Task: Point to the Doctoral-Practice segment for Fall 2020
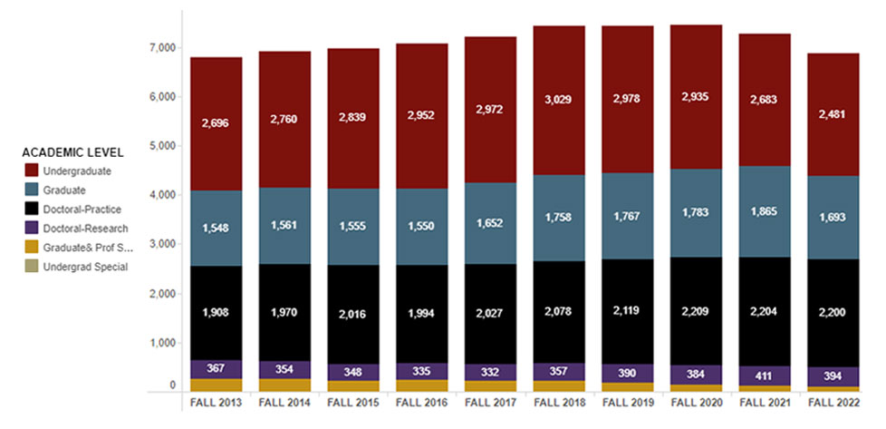(697, 311)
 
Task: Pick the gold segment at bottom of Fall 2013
(217, 385)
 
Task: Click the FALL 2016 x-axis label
(421, 401)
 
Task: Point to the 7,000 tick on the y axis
(164, 47)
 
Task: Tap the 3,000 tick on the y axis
(164, 245)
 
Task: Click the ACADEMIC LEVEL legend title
(72, 151)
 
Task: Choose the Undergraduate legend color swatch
(31, 171)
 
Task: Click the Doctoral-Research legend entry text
(85, 229)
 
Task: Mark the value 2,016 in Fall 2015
(353, 314)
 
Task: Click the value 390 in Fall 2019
(628, 373)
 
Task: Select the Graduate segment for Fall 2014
(284, 225)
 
